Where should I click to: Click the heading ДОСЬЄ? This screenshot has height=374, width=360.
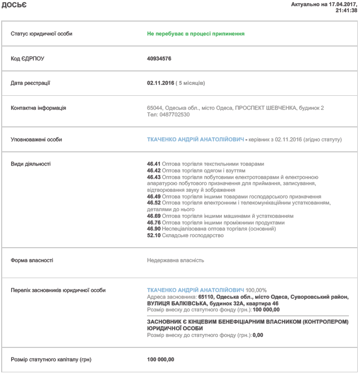(13, 5)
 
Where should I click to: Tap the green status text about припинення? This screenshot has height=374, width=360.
(196, 34)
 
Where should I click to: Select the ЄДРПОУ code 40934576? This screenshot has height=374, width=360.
(159, 58)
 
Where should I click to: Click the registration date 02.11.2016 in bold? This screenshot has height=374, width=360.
(160, 83)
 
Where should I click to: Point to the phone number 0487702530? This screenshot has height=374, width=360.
(173, 115)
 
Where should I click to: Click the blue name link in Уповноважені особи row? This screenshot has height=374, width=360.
(195, 140)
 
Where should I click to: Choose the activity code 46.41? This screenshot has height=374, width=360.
(154, 164)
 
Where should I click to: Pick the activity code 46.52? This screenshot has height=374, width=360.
(154, 203)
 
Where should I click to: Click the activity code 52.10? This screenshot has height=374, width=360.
(154, 235)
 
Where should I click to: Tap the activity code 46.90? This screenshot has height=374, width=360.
(154, 229)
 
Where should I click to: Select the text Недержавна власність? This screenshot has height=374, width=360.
(175, 260)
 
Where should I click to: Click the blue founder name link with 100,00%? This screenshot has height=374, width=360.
(195, 290)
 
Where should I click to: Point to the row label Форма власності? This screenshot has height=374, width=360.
(32, 260)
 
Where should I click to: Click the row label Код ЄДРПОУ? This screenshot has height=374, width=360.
(27, 58)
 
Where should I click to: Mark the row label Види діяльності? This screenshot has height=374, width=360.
(31, 164)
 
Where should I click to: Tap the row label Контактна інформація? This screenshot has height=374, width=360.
(38, 108)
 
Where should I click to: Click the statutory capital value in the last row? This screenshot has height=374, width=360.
(161, 360)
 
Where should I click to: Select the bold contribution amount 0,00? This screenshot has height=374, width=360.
(257, 335)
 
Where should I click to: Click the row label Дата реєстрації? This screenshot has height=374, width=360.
(31, 83)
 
